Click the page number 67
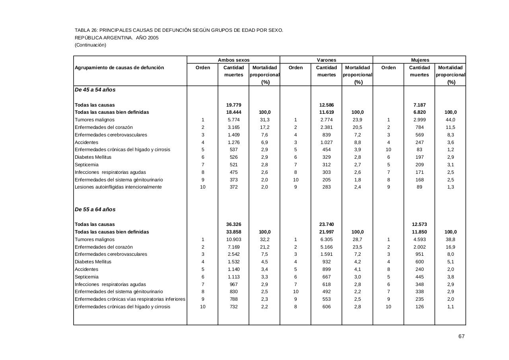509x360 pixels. [461, 336]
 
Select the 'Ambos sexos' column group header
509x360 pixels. [233, 60]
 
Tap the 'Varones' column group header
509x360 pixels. [326, 60]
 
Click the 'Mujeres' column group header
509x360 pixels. [420, 60]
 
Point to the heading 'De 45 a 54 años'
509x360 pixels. [95, 90]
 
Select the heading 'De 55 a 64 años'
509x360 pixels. [95, 210]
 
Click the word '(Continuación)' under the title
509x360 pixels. [90, 45]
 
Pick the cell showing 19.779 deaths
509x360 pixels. [233, 105]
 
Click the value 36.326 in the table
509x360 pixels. [233, 224]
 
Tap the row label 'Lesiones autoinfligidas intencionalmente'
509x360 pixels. [118, 187]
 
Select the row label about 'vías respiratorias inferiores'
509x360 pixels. [130, 299]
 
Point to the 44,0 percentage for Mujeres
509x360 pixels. [451, 120]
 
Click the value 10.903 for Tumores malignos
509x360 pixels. [233, 239]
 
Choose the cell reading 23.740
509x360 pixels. [326, 224]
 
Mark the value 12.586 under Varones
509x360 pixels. [326, 105]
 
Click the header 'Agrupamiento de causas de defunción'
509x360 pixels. [119, 68]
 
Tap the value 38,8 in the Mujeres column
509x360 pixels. [451, 239]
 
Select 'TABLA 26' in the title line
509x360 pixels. [85, 30]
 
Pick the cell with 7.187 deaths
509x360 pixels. [420, 105]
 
